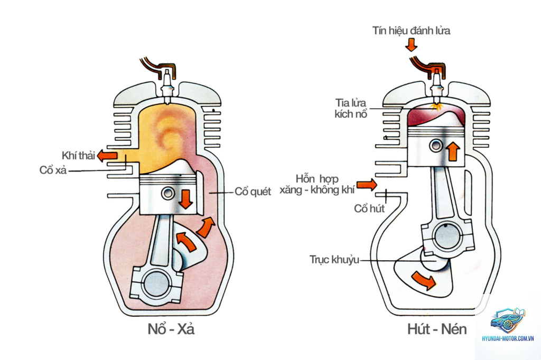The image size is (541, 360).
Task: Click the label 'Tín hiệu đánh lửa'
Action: pyautogui.click(x=411, y=31)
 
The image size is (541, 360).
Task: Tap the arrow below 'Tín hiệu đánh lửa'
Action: pyautogui.click(x=411, y=45)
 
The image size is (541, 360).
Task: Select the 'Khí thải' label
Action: pyautogui.click(x=78, y=156)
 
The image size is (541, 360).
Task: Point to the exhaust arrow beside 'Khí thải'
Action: pyautogui.click(x=107, y=156)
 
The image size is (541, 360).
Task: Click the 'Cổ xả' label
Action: pyautogui.click(x=53, y=170)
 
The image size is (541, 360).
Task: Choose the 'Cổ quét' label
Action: pyautogui.click(x=253, y=192)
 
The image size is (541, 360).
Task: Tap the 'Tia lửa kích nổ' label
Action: pyautogui.click(x=351, y=108)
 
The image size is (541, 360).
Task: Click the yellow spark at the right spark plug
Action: pyautogui.click(x=437, y=107)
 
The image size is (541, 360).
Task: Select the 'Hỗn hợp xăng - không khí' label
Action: pyautogui.click(x=317, y=184)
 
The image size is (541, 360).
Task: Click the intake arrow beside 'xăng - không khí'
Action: pyautogui.click(x=367, y=185)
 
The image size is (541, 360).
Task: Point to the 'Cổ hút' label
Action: pyautogui.click(x=369, y=209)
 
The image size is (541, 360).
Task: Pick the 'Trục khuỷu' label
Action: pyautogui.click(x=334, y=259)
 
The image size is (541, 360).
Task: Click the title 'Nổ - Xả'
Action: pyautogui.click(x=171, y=329)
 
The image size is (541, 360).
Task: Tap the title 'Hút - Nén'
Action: pyautogui.click(x=437, y=329)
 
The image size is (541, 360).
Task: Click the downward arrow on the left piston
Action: pyautogui.click(x=186, y=200)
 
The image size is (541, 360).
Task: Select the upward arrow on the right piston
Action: pyautogui.click(x=453, y=151)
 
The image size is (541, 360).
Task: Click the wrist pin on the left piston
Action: pyautogui.click(x=168, y=193)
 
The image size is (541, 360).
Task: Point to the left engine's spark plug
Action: pyautogui.click(x=167, y=86)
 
